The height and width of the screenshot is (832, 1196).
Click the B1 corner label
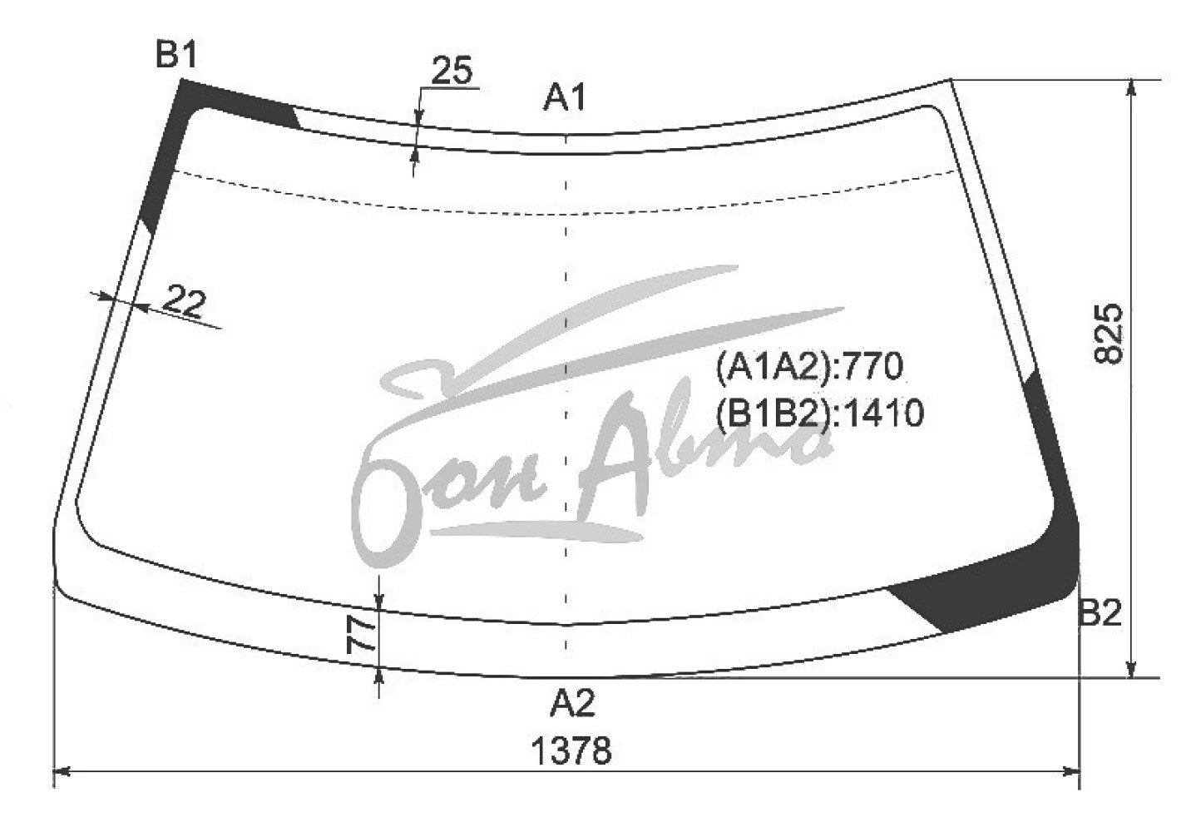[176, 54]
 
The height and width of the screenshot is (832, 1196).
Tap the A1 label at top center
[565, 98]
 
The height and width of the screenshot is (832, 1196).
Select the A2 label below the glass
[572, 703]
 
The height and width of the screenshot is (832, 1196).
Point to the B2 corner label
[1100, 613]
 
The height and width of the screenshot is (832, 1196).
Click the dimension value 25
[452, 70]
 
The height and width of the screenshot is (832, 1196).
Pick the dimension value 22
[184, 302]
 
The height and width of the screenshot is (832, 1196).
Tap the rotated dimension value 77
[362, 635]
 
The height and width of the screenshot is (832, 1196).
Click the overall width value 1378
[572, 750]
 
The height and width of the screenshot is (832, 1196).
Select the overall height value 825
[1109, 334]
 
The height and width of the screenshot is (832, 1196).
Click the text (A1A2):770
[809, 366]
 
